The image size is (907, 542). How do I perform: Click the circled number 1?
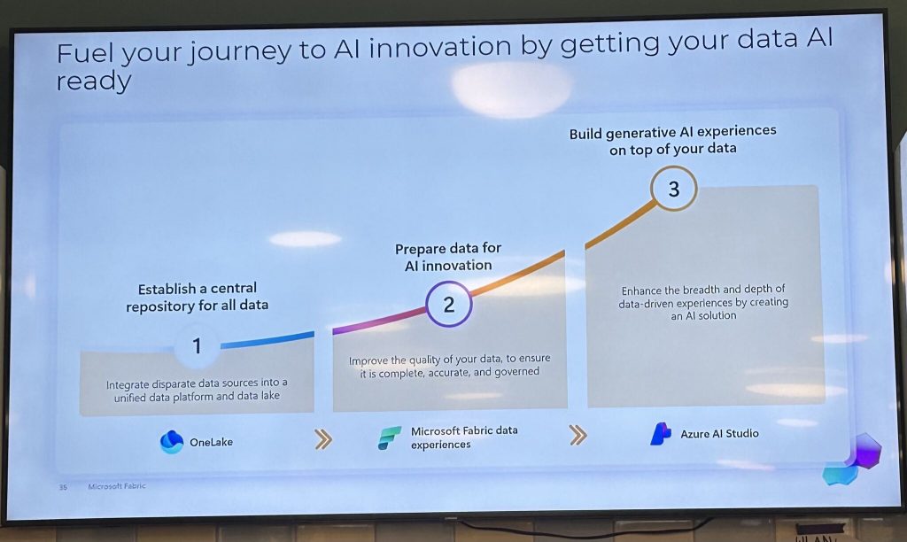click(197, 346)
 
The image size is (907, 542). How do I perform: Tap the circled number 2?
click(449, 305)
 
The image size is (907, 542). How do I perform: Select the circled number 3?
click(674, 189)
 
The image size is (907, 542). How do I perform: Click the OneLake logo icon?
click(171, 442)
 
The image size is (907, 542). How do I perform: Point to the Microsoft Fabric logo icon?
click(390, 437)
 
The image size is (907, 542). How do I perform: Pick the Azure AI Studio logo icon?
click(661, 434)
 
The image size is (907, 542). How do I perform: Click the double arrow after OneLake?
click(323, 439)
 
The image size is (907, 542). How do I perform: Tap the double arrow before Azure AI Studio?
click(578, 435)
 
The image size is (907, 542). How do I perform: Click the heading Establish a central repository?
click(198, 297)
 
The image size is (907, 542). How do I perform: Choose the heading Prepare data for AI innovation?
click(448, 257)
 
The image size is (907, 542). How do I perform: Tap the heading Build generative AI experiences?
click(673, 141)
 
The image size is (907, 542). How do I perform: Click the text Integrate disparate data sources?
click(197, 390)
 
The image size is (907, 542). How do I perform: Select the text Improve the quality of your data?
click(449, 366)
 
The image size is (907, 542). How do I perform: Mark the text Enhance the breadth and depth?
click(703, 303)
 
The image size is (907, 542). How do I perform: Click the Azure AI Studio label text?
click(719, 434)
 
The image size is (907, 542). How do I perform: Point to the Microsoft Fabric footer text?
click(117, 486)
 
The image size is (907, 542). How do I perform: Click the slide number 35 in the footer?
click(63, 487)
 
